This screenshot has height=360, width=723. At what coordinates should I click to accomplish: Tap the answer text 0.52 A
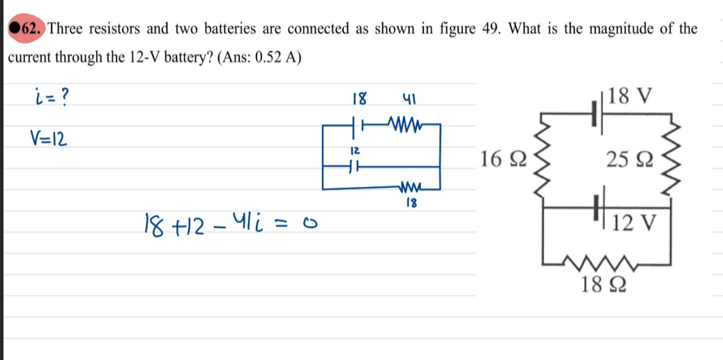pyautogui.click(x=276, y=58)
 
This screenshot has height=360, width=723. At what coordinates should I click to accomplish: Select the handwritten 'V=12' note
pyautogui.click(x=49, y=137)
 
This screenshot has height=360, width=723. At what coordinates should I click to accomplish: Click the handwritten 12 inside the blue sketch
pyautogui.click(x=354, y=151)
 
